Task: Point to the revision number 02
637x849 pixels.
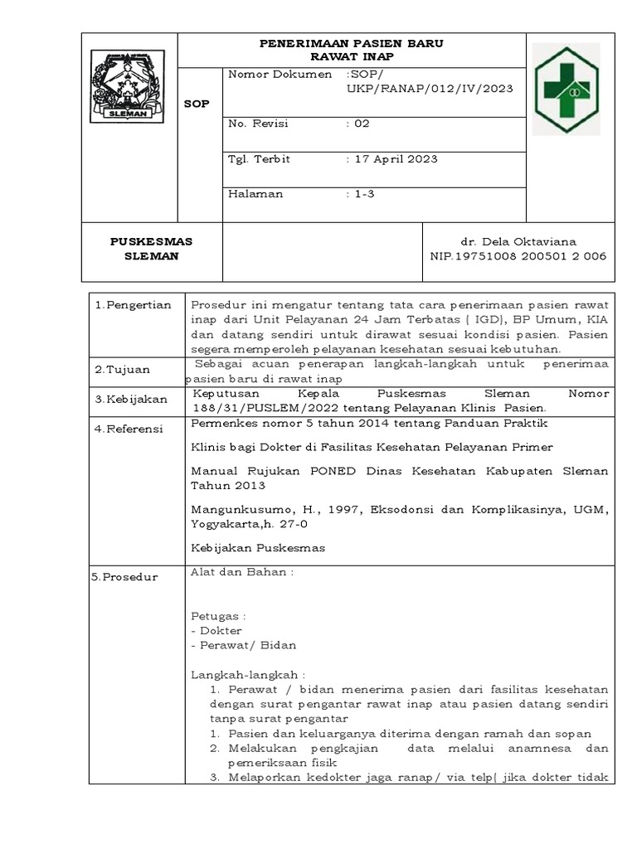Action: click(362, 124)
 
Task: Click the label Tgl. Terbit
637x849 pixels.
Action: click(259, 159)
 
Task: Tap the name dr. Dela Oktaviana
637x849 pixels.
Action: click(518, 240)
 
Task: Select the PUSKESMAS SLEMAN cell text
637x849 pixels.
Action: click(152, 248)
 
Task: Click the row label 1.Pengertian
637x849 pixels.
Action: click(133, 304)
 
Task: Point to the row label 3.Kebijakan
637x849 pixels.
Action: click(130, 399)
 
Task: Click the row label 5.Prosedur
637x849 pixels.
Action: click(127, 576)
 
